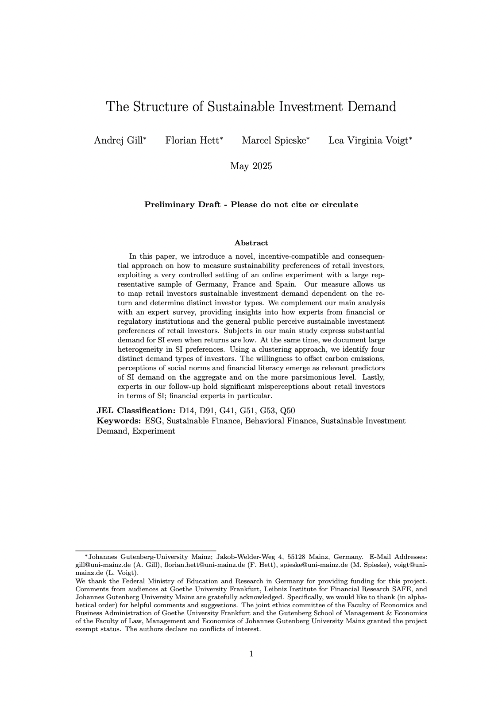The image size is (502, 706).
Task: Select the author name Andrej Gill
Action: [118, 141]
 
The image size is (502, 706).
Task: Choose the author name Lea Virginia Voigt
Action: [368, 141]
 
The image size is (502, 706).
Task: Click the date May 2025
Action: [251, 166]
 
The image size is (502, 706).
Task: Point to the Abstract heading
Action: [251, 243]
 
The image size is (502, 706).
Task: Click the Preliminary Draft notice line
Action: [251, 205]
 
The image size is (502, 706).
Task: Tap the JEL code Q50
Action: [287, 410]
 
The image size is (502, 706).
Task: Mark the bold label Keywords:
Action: [119, 421]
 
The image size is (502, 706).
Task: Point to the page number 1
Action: [251, 654]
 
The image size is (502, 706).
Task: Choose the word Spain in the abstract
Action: [286, 284]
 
